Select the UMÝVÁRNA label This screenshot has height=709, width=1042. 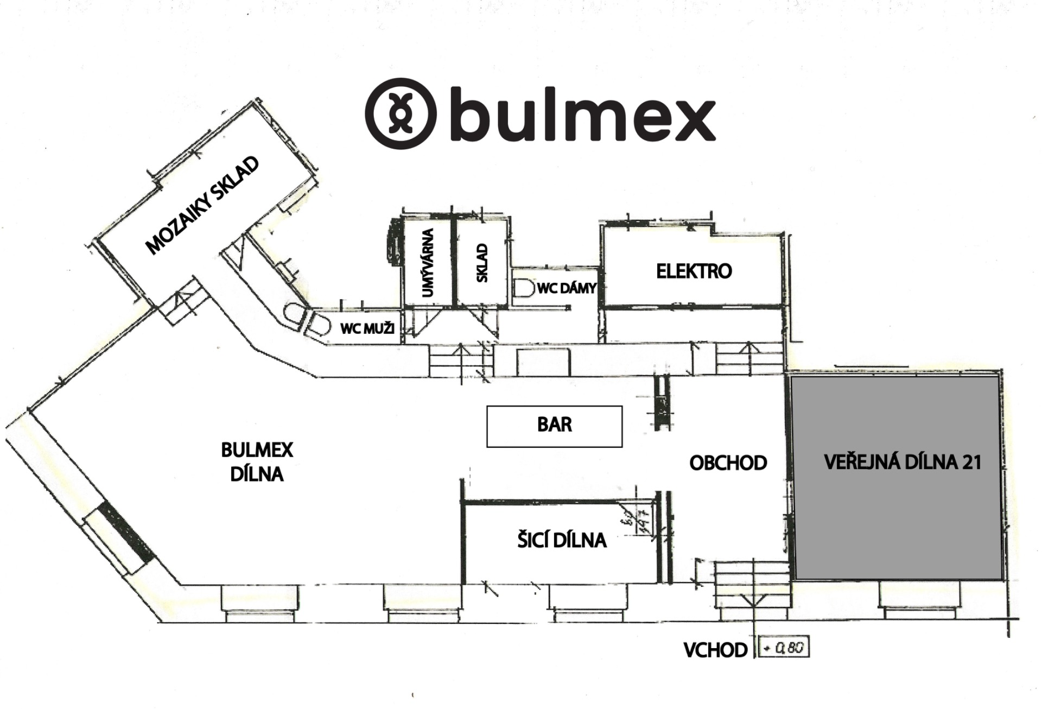[428, 263]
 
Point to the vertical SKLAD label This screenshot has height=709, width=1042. [482, 263]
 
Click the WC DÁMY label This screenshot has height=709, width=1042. [567, 288]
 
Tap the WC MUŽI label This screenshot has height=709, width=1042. [367, 328]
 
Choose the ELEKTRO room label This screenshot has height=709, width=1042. [694, 271]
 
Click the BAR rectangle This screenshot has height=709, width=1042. [554, 426]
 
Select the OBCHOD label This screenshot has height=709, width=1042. [728, 463]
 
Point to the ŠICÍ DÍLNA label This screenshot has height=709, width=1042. [562, 540]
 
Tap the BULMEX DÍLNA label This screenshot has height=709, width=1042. [257, 462]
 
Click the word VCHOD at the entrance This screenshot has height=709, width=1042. [715, 650]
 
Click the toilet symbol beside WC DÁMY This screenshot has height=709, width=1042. [523, 288]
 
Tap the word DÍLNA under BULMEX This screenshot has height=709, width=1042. [257, 474]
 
